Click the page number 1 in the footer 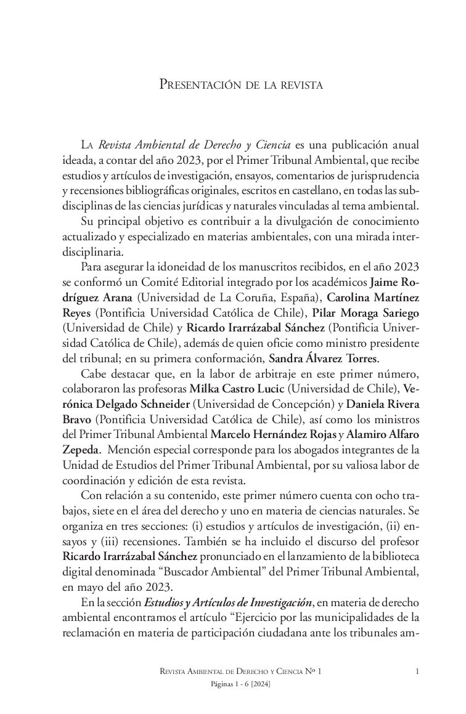[417, 671]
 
